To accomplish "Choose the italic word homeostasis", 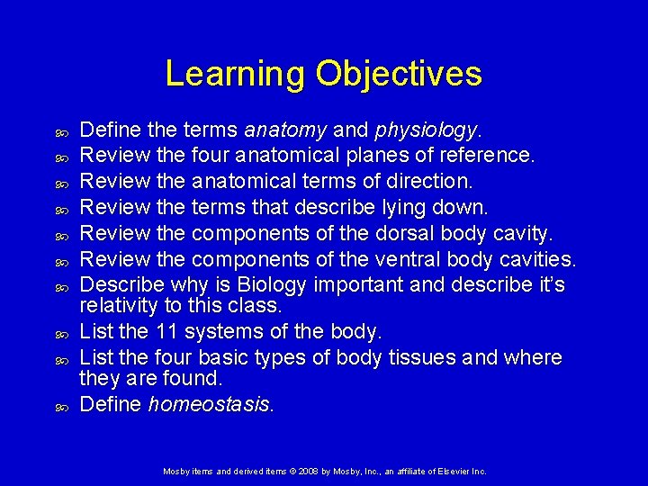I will tap(211, 404).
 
